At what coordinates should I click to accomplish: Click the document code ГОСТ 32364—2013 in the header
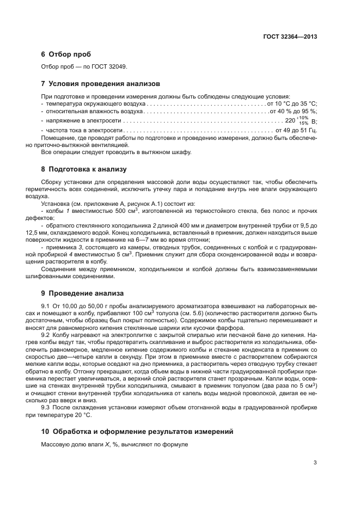point(290,36)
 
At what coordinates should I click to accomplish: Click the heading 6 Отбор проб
point(66,54)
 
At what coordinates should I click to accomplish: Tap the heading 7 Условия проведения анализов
point(101,84)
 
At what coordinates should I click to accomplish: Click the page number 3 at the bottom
point(315,463)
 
